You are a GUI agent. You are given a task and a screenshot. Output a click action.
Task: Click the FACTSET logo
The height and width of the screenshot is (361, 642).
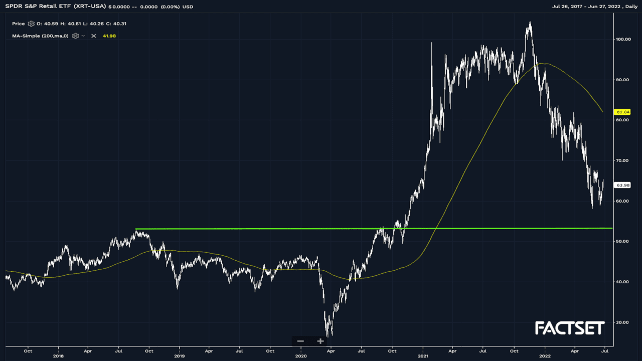pyautogui.click(x=570, y=328)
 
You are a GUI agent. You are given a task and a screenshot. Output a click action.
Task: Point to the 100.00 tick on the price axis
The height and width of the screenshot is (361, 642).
pyautogui.click(x=623, y=39)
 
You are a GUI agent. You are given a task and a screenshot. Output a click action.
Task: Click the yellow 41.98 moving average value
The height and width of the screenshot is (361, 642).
pyautogui.click(x=109, y=36)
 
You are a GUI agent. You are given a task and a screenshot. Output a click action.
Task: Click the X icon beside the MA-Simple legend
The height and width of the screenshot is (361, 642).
pyautogui.click(x=93, y=36)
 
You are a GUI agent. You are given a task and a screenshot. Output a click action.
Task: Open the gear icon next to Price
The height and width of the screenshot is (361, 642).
pyautogui.click(x=31, y=24)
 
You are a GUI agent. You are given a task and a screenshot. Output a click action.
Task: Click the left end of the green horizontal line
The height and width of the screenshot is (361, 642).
pyautogui.click(x=136, y=229)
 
